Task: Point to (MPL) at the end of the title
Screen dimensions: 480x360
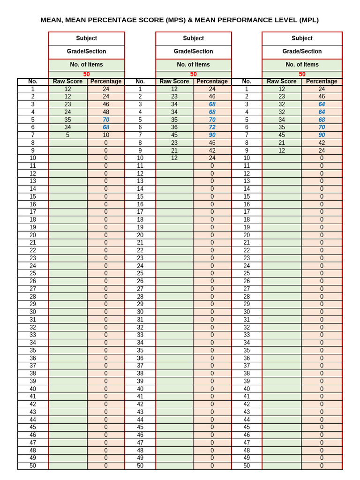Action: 307,20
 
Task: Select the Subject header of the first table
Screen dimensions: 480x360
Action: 87,38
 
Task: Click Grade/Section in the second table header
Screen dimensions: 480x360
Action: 193,51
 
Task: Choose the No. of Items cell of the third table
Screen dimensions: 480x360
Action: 302,64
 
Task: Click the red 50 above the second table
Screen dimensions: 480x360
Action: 193,74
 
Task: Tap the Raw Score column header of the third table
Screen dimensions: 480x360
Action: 282,81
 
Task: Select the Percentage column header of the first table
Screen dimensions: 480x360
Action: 106,81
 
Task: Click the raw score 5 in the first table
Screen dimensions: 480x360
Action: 67,135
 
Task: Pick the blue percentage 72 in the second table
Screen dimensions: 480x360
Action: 212,127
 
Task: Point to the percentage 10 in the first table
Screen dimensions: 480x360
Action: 106,135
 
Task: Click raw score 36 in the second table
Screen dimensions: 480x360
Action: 174,127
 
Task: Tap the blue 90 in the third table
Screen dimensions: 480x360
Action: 322,135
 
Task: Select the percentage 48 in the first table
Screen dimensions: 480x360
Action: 106,112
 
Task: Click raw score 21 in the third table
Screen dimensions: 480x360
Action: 282,142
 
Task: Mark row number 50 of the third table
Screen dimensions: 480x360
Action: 247,465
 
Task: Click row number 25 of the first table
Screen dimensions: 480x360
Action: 33,273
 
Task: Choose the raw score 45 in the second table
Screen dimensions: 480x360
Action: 174,135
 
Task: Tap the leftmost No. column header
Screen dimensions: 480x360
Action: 33,81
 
